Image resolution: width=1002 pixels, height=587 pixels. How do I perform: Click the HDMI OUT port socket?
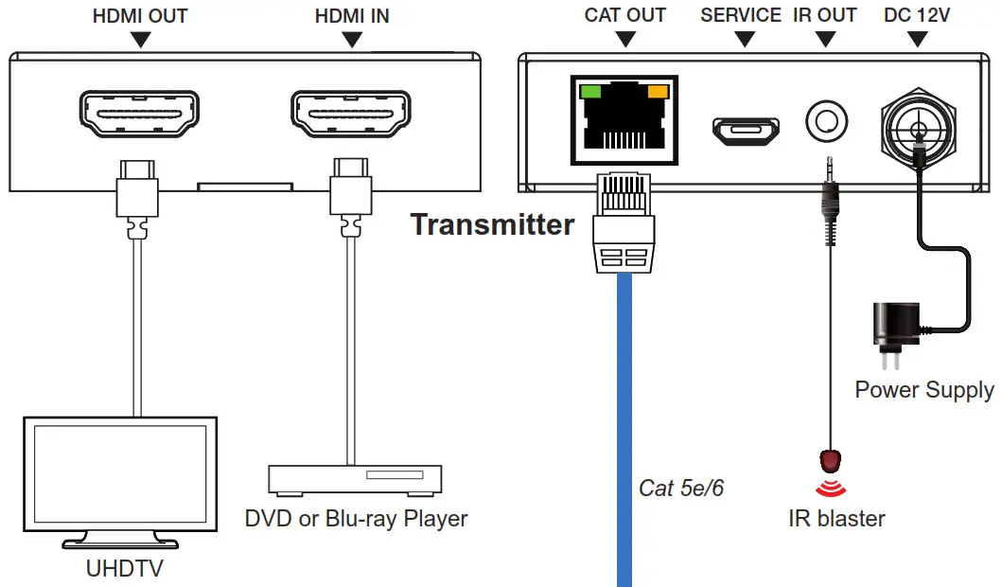tap(138, 116)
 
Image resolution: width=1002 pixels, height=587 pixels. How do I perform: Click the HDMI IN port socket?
tap(349, 116)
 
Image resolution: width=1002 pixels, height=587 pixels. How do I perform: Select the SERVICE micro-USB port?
tap(746, 132)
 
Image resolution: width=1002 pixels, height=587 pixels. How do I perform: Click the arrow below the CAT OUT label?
tap(624, 39)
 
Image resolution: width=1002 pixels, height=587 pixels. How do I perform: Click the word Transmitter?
tap(492, 224)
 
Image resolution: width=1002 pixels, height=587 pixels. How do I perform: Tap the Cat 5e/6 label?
tap(681, 489)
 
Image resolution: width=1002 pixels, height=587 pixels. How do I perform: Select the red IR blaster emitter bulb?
tap(830, 462)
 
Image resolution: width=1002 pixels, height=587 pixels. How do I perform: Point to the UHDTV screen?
tap(120, 473)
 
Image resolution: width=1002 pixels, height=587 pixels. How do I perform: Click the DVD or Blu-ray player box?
tap(355, 478)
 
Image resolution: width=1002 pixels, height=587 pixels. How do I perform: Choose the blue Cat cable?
tap(624, 426)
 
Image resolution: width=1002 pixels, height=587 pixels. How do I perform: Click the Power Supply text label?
tap(923, 389)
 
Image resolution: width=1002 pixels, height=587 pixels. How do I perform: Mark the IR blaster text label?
tap(836, 518)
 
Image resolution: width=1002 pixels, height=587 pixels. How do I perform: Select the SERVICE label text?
tap(740, 15)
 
